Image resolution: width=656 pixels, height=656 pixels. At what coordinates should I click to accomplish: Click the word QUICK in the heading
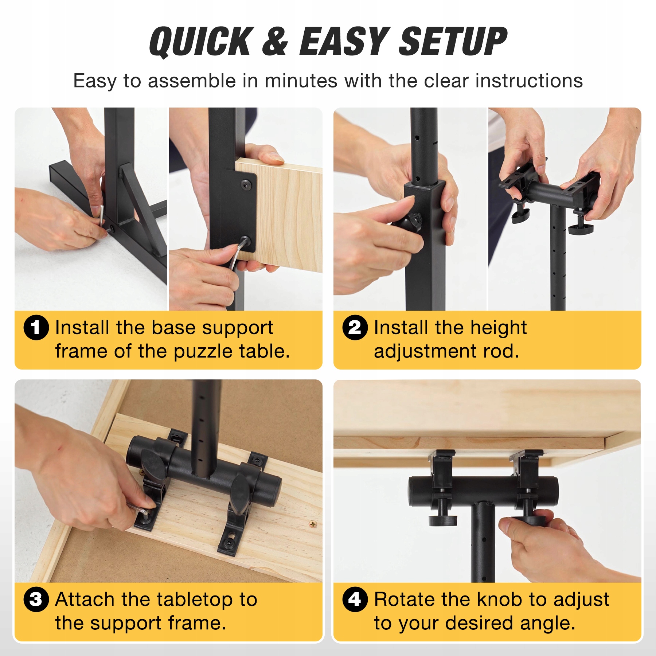click(x=202, y=42)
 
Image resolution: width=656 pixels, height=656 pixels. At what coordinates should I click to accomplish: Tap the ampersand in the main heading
click(x=275, y=42)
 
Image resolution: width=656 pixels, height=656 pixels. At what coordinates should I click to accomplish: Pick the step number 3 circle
click(x=36, y=600)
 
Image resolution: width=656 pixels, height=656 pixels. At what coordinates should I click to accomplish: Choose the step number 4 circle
click(x=355, y=600)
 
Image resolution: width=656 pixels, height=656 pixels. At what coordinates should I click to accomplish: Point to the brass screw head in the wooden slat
click(x=313, y=524)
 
